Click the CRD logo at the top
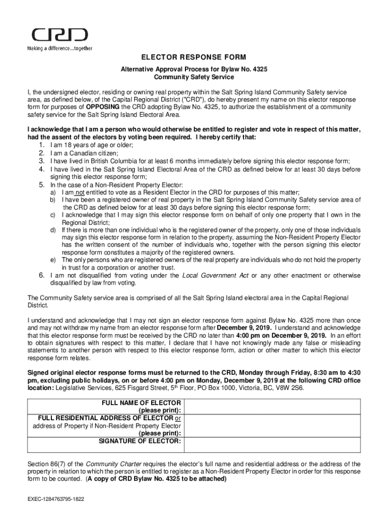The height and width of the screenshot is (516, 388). point(59,35)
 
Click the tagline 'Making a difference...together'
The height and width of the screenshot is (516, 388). point(59,48)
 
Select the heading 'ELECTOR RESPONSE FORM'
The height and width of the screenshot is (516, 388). point(193,57)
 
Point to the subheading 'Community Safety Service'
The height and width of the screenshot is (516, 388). point(193,78)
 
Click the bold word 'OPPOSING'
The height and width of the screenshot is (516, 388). point(103,107)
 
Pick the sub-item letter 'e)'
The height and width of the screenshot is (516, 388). point(52,260)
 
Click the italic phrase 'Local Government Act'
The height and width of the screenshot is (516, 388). point(215,276)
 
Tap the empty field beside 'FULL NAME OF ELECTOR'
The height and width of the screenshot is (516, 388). point(272,407)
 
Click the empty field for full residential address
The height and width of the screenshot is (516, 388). point(272,426)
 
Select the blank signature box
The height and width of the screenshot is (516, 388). point(272,444)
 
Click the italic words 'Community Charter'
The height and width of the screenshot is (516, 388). point(110,464)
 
